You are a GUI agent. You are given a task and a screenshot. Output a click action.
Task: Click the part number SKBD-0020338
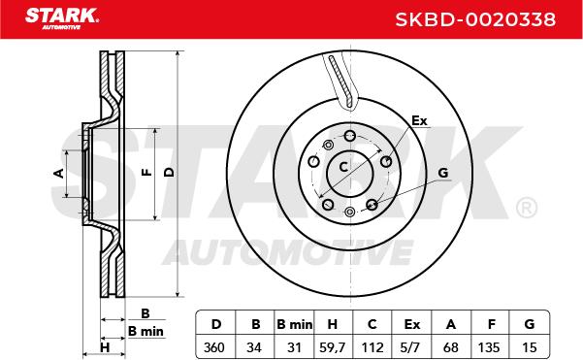coord(475,19)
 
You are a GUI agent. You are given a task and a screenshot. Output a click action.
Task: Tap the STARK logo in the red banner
coord(62,18)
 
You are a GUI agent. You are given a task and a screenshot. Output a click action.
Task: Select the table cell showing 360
coord(214,347)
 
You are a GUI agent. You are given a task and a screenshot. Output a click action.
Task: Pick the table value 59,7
coord(333,347)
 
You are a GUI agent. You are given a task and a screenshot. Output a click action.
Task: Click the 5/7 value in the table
coord(410,347)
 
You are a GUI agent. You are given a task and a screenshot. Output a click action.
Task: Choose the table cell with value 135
coord(489,347)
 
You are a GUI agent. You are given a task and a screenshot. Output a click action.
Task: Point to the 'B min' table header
coord(295,324)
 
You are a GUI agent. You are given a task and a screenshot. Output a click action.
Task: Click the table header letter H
coord(333,324)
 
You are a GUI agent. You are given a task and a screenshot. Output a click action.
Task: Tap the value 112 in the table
coord(372,347)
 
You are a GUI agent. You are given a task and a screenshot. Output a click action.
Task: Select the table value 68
coord(451,347)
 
